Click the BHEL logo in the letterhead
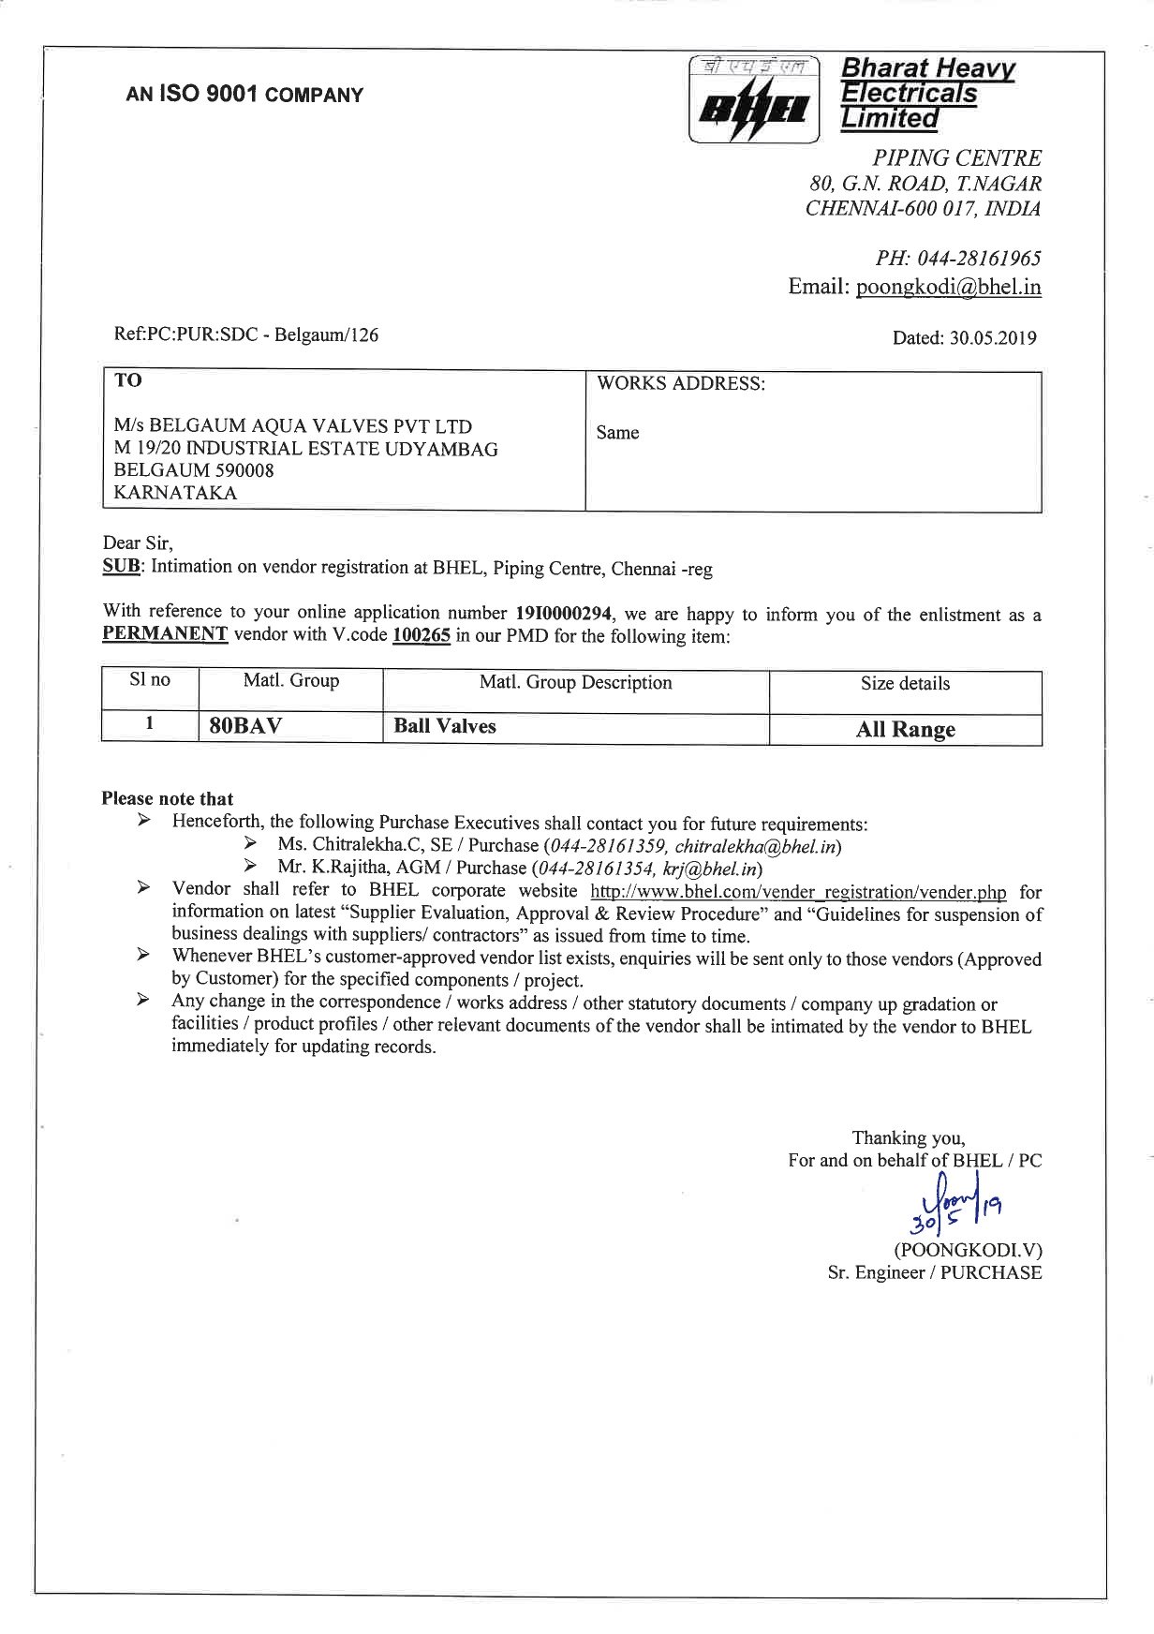(x=754, y=100)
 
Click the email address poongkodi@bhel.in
(x=948, y=287)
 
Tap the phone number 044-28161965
(x=979, y=259)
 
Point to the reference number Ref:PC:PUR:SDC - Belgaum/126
(x=246, y=335)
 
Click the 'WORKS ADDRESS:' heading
(x=681, y=384)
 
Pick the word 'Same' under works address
(x=617, y=433)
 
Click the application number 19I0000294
(x=563, y=614)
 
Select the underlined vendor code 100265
(x=421, y=636)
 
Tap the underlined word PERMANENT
(x=165, y=634)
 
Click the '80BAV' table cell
(x=245, y=726)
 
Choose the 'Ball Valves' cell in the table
(x=445, y=726)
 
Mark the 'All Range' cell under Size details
(x=905, y=730)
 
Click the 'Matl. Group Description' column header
(x=575, y=683)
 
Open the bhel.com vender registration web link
(x=798, y=892)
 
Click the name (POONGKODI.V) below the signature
(x=968, y=1250)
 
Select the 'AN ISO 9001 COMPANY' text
(x=244, y=95)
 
